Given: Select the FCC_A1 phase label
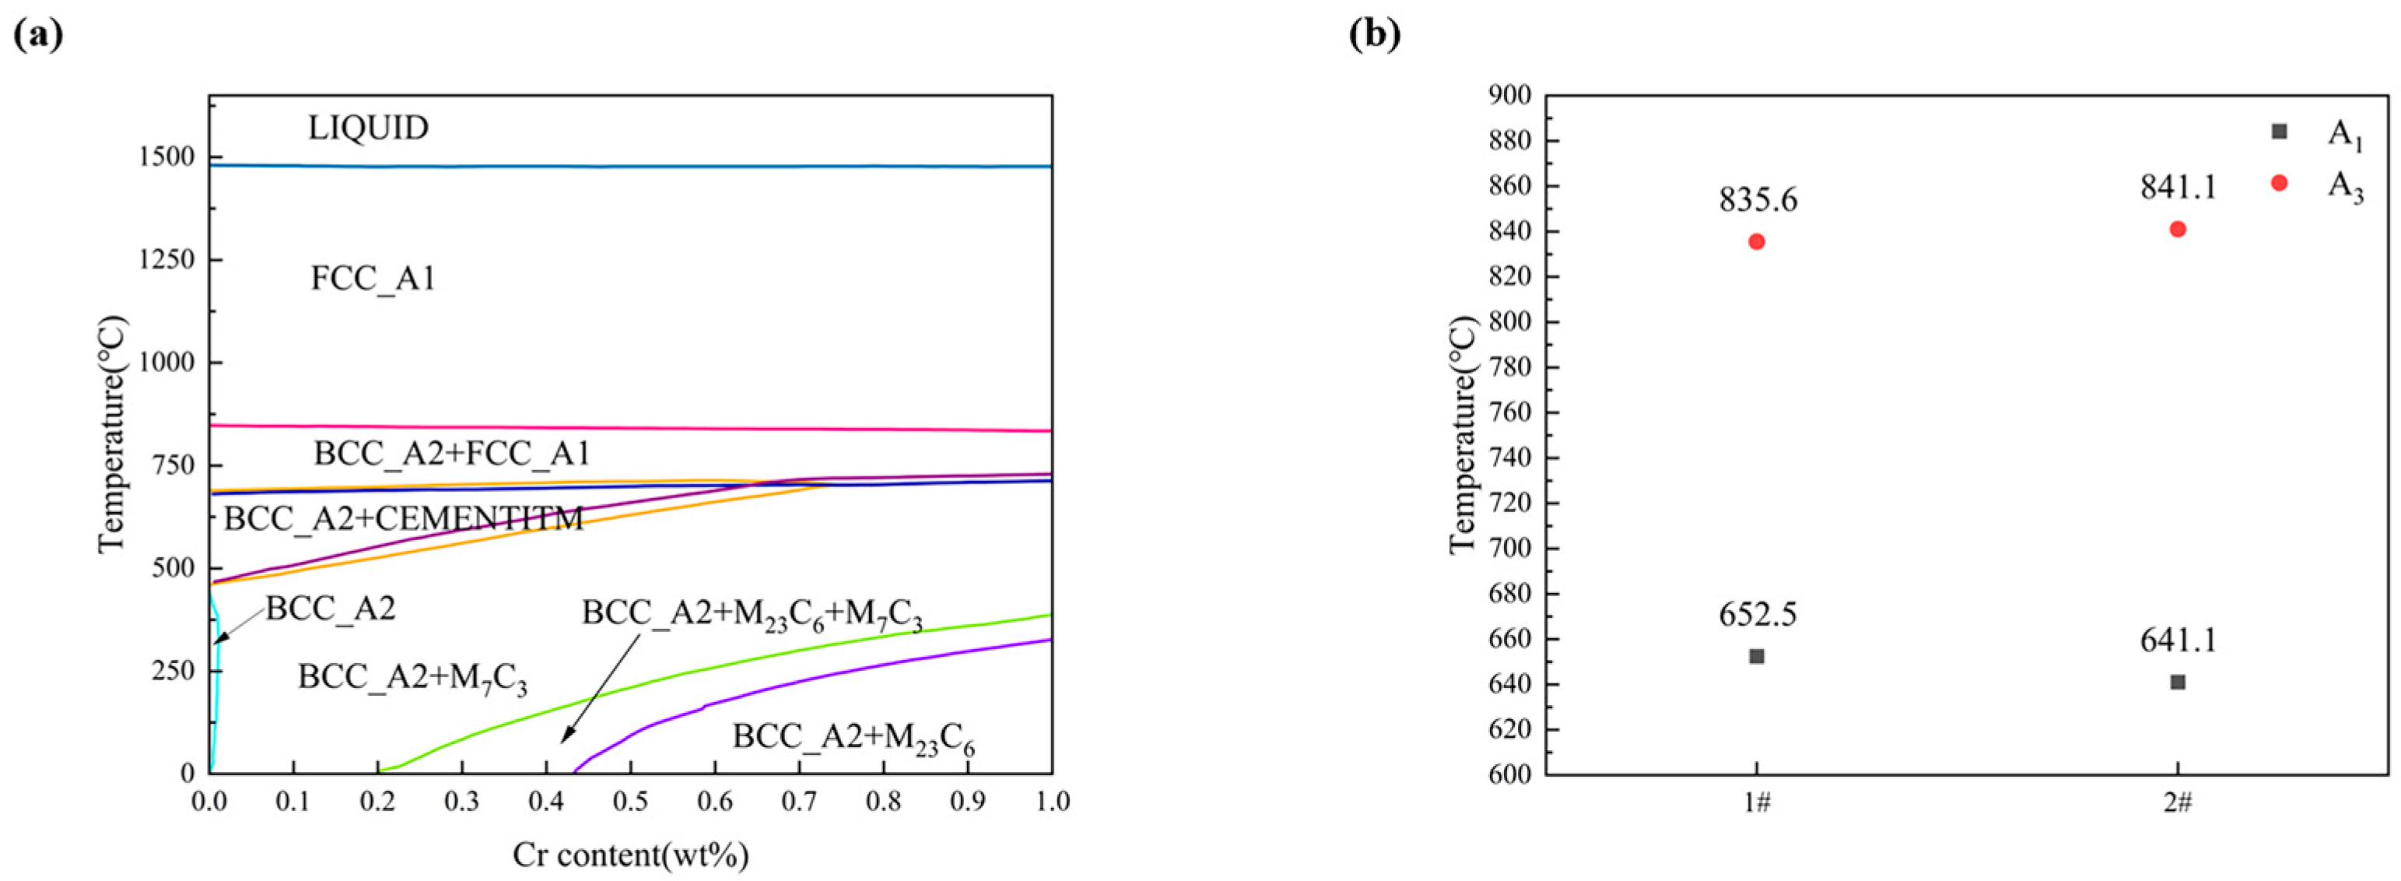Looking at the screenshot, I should [373, 278].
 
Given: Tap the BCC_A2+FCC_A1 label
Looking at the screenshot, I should [452, 453].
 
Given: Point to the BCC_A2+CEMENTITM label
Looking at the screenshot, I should [404, 518].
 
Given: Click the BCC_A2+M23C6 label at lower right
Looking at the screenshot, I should [853, 738].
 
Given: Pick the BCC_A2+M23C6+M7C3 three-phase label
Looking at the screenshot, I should [752, 613].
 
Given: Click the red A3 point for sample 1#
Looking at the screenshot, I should [1757, 241].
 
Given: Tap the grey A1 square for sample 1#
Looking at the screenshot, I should [1757, 656].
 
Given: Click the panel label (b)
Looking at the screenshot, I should [1375, 34].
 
